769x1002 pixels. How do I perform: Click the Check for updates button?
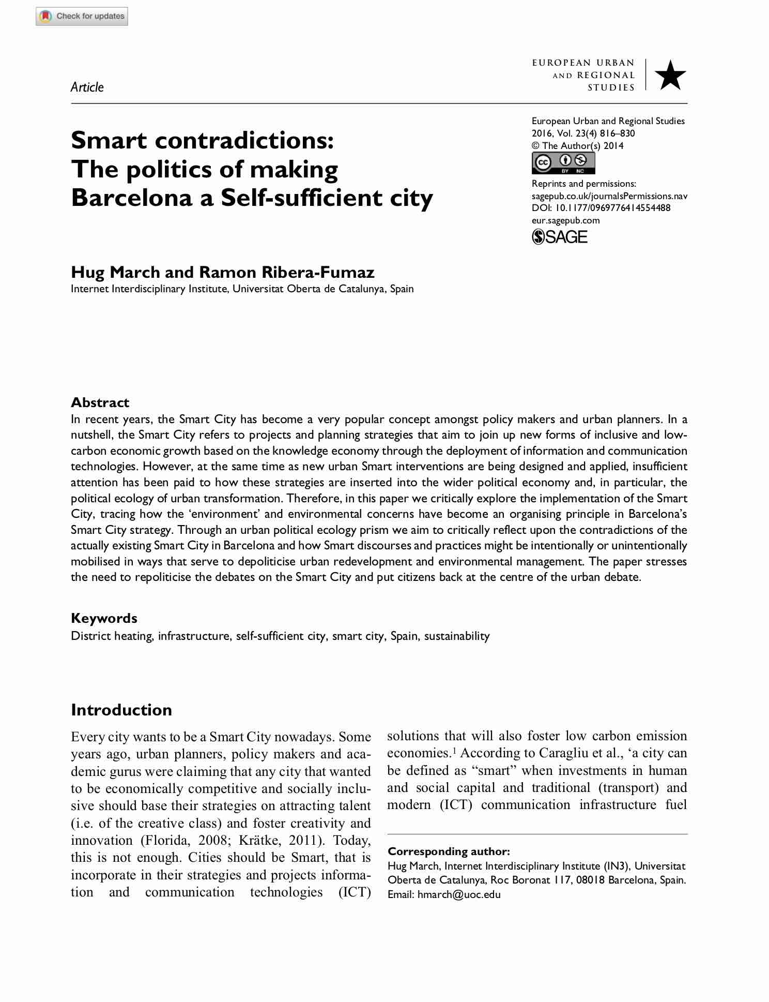tap(82, 16)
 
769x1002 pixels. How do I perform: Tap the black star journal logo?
tap(670, 75)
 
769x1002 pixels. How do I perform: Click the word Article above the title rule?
tap(87, 87)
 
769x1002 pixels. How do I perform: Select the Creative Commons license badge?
tap(563, 163)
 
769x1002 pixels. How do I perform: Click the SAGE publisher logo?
tap(560, 237)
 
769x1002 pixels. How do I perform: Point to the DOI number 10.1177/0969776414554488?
tap(612, 208)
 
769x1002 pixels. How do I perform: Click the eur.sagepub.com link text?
tap(565, 220)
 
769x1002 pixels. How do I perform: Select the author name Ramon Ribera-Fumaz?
tap(287, 272)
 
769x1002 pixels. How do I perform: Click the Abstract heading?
tap(100, 402)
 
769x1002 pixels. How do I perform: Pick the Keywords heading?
tap(104, 618)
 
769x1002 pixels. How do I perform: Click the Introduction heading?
tap(121, 710)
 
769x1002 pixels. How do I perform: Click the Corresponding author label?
tap(449, 851)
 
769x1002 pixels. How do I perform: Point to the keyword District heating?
tap(112, 636)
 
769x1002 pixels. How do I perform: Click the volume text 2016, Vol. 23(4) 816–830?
tap(583, 133)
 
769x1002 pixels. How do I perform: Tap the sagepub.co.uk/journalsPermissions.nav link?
tap(609, 196)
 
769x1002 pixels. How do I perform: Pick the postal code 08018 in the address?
tap(590, 880)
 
